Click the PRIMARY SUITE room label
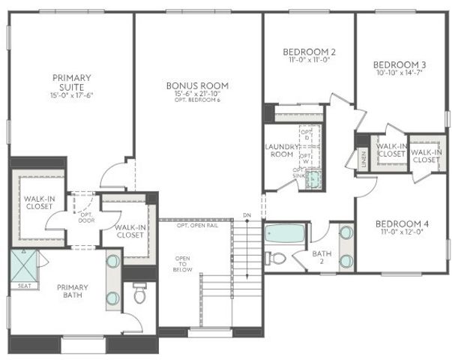(72, 82)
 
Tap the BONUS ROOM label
(197, 85)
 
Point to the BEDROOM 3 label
(399, 64)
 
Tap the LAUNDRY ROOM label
(281, 150)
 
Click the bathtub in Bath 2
(285, 235)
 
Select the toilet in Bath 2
(277, 259)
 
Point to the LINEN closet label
(363, 158)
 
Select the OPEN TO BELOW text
(183, 264)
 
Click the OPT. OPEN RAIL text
(197, 225)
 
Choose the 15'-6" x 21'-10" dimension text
(197, 94)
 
